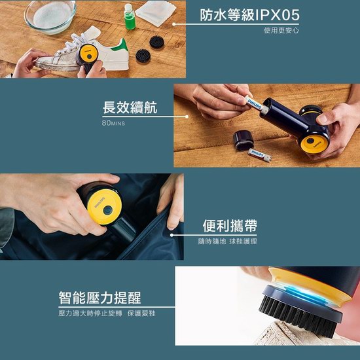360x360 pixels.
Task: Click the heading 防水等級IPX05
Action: pyautogui.click(x=249, y=15)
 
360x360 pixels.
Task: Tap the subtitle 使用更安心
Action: pyautogui.click(x=281, y=31)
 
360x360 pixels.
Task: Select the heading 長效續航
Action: pyautogui.click(x=130, y=107)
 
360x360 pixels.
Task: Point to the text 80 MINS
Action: pyautogui.click(x=113, y=123)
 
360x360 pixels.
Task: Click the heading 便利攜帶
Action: pyautogui.click(x=230, y=226)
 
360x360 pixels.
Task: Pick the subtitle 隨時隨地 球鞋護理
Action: pyautogui.click(x=228, y=242)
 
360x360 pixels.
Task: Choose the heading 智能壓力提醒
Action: pyautogui.click(x=99, y=298)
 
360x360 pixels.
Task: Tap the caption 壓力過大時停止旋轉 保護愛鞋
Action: pyautogui.click(x=107, y=314)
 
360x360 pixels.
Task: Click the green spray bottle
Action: pyautogui.click(x=130, y=17)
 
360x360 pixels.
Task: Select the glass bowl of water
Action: pyautogui.click(x=50, y=17)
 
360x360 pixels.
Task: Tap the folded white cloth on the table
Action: pyautogui.click(x=156, y=13)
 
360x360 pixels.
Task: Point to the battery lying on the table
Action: pyautogui.click(x=259, y=155)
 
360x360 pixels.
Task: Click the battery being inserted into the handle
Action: pyautogui.click(x=256, y=105)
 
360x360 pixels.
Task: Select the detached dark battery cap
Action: pyautogui.click(x=243, y=140)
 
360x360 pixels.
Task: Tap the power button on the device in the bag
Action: pyautogui.click(x=107, y=210)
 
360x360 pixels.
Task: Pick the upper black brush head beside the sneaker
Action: pyautogui.click(x=157, y=43)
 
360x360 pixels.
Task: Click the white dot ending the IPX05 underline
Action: pyautogui.click(x=174, y=24)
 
